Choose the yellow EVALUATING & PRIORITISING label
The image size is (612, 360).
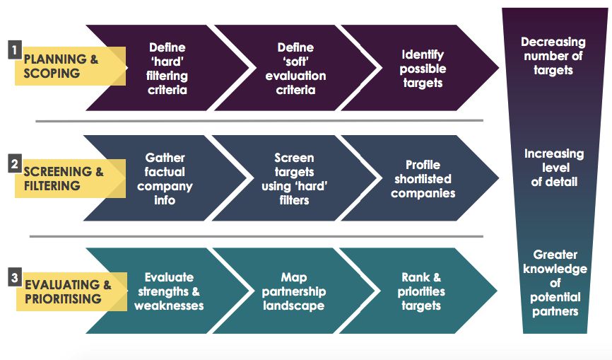(x=68, y=291)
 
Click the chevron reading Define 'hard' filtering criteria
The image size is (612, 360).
(x=167, y=69)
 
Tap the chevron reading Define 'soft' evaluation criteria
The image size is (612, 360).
(x=295, y=69)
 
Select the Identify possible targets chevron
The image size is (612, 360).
(x=422, y=69)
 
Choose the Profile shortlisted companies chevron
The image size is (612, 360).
(x=423, y=179)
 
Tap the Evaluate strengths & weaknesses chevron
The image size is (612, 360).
(x=168, y=291)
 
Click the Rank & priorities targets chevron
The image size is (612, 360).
(x=422, y=291)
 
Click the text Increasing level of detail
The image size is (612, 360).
(x=555, y=168)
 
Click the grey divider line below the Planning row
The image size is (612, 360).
(x=259, y=121)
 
